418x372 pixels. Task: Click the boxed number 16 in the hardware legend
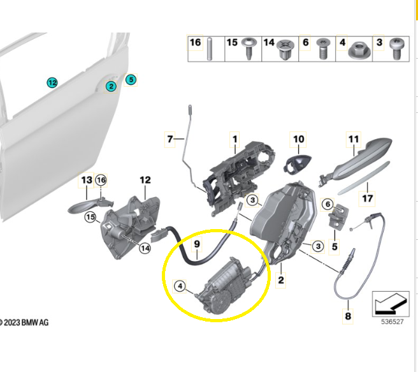196,43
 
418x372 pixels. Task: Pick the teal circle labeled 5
131,80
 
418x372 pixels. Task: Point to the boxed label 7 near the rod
170,138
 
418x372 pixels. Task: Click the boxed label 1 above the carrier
234,138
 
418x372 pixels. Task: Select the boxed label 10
298,138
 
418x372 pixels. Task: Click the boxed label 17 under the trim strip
367,198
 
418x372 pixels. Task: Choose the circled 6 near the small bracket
328,204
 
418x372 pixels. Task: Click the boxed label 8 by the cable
347,315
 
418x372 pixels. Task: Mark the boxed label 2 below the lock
280,279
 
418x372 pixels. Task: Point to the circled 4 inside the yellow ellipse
180,286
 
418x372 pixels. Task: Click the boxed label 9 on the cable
197,243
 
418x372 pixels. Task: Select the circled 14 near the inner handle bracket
145,248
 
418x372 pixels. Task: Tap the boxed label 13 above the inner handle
86,181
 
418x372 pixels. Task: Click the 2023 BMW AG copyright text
24,323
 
